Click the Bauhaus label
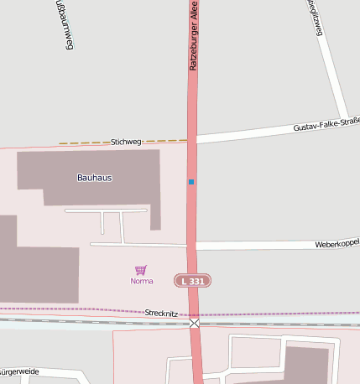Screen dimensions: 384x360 coord(94,178)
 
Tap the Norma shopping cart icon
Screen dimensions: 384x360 coord(141,270)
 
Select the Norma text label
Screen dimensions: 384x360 coord(142,281)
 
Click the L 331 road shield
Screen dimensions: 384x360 coord(192,281)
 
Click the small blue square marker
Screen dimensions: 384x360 coord(191,181)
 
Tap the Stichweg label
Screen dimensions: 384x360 coord(126,143)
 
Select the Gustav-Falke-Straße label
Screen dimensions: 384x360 coord(326,126)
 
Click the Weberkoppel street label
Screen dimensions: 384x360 coord(337,244)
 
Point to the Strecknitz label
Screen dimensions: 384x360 coord(159,313)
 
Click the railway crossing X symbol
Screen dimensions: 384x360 coord(195,323)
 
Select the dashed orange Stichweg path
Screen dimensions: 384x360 coord(84,143)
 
